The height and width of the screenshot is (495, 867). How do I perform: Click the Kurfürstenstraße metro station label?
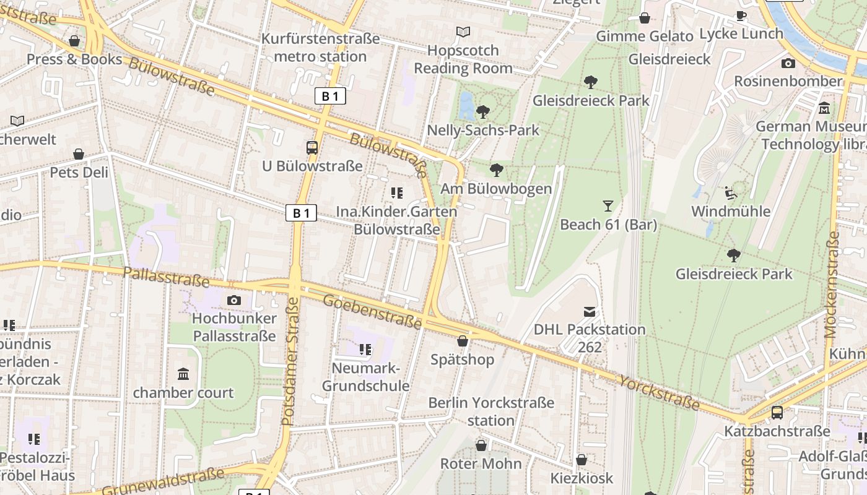click(x=320, y=48)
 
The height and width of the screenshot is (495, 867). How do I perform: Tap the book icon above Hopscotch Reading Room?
click(x=463, y=32)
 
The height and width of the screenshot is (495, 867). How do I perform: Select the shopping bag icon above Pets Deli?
click(x=79, y=154)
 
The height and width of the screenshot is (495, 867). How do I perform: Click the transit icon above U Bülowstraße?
click(x=312, y=148)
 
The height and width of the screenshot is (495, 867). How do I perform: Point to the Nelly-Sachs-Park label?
click(x=483, y=131)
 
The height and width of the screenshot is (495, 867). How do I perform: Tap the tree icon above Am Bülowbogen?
click(x=496, y=170)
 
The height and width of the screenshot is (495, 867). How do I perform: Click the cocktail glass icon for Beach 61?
click(x=608, y=206)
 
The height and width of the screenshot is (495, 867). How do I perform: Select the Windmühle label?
click(x=731, y=212)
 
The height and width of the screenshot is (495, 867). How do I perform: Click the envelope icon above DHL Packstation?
click(x=590, y=312)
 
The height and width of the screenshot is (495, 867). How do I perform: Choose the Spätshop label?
click(x=463, y=359)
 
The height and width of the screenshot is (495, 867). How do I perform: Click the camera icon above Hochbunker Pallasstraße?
click(x=234, y=301)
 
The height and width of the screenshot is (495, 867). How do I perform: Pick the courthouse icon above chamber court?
click(x=183, y=374)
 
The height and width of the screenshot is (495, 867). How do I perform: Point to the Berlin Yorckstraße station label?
click(x=491, y=411)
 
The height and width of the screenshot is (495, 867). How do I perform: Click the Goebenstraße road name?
click(x=373, y=311)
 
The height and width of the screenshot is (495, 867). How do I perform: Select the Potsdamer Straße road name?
click(x=290, y=362)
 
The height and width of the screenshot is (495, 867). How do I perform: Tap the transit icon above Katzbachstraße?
click(x=777, y=413)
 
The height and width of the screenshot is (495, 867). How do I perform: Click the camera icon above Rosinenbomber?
click(x=788, y=63)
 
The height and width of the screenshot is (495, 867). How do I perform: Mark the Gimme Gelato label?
click(x=644, y=37)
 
